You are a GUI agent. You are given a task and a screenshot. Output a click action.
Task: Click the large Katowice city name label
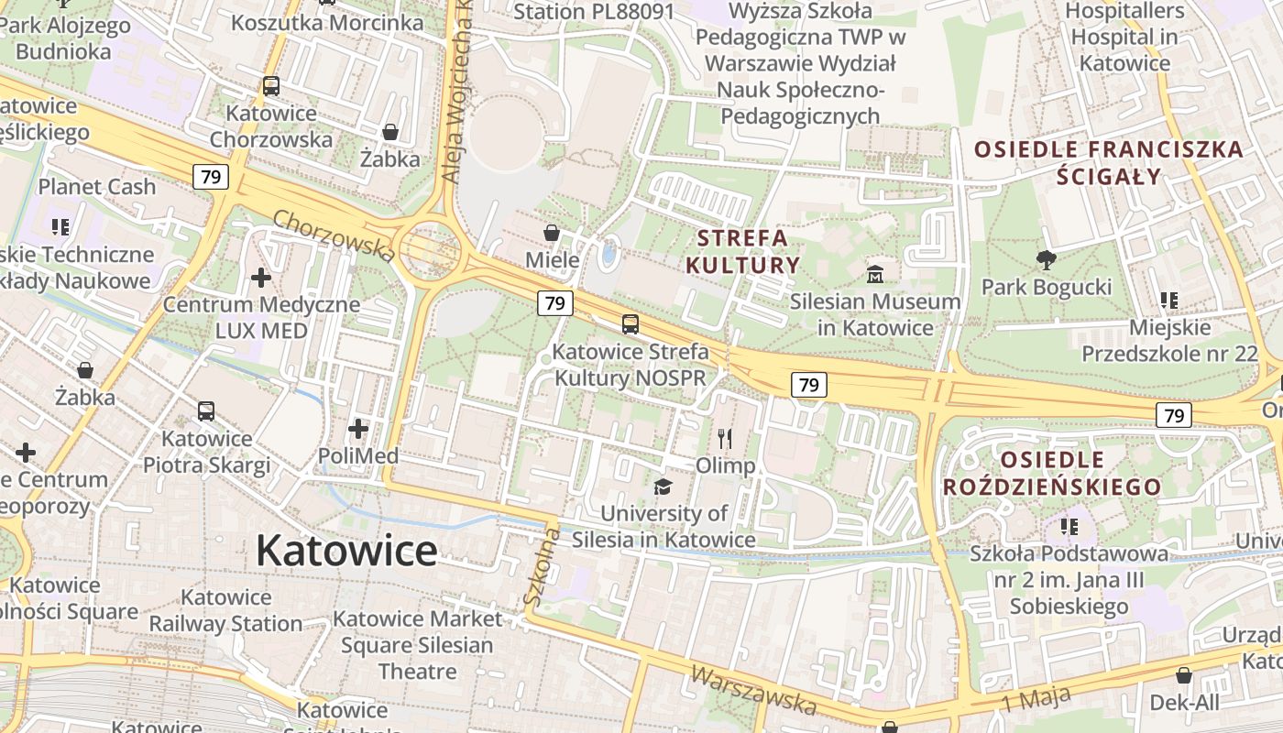tap(346, 551)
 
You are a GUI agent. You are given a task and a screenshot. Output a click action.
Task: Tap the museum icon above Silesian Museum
tap(875, 273)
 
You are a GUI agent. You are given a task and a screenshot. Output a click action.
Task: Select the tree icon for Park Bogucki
tap(1046, 260)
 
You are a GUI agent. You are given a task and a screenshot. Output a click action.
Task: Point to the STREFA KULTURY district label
tap(742, 252)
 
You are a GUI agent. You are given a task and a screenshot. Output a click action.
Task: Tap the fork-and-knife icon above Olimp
tap(725, 439)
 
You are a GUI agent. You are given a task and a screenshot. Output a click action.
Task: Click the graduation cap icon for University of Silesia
tap(663, 487)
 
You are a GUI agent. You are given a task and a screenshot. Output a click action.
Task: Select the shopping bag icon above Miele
tap(552, 233)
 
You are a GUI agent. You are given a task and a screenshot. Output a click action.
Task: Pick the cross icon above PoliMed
tap(357, 428)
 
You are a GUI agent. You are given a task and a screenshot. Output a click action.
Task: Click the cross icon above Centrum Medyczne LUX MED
tap(261, 277)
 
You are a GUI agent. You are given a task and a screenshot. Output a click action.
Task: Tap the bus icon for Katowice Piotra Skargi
tap(206, 411)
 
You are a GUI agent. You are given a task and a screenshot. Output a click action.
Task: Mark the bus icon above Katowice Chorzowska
tap(270, 86)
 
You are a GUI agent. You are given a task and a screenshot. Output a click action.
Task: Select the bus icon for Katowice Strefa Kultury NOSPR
tap(631, 323)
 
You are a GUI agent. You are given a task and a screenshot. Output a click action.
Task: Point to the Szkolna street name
tap(541, 567)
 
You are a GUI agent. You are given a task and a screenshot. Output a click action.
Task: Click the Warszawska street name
tap(752, 690)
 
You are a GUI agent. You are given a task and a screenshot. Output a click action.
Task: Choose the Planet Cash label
tap(97, 187)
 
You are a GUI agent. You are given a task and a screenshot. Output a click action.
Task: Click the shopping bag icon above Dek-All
tap(1184, 675)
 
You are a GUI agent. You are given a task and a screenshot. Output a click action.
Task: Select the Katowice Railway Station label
tap(225, 610)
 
